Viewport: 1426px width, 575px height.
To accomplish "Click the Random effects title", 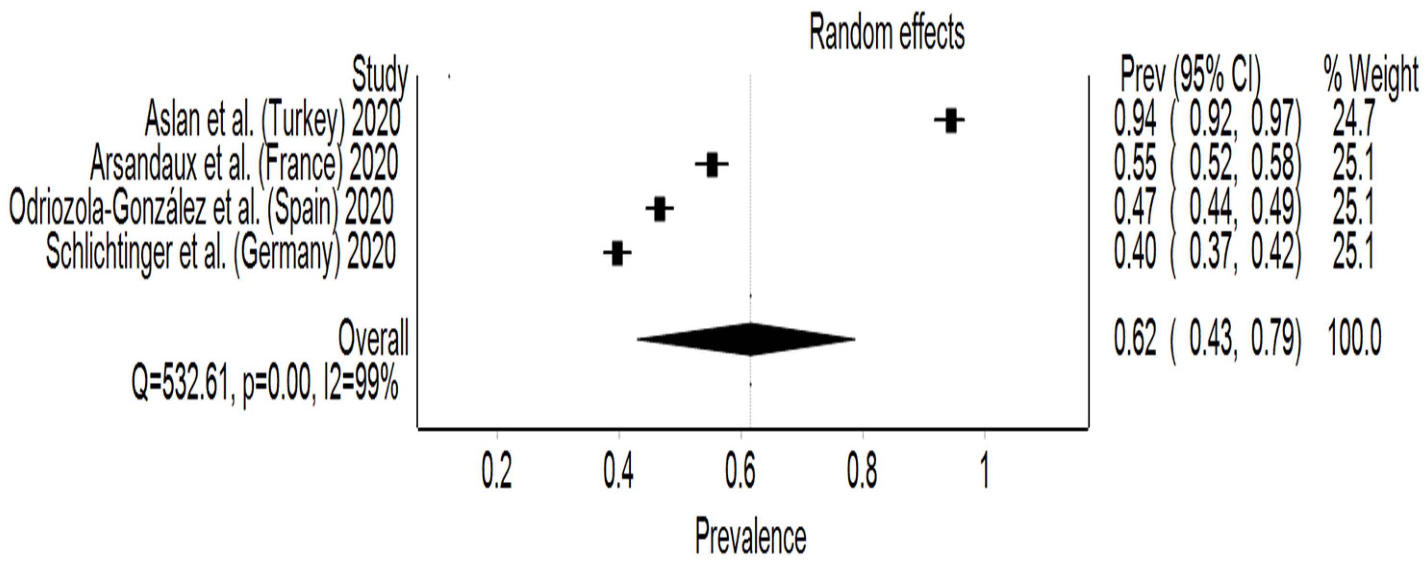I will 887,34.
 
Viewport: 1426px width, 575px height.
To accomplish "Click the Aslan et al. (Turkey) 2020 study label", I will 272,120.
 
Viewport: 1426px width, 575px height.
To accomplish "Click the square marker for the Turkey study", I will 950,120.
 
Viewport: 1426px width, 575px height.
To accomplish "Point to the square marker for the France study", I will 712,164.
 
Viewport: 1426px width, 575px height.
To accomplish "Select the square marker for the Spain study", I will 659,209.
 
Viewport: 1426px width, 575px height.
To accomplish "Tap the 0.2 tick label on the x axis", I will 496,472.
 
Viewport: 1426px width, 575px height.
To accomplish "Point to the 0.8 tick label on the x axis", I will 862,472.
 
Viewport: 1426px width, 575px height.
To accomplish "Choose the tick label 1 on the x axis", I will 984,472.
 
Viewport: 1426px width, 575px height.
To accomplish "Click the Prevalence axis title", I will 751,536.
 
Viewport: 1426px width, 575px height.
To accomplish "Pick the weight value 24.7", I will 1352,120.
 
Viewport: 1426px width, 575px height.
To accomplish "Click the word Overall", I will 373,338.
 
